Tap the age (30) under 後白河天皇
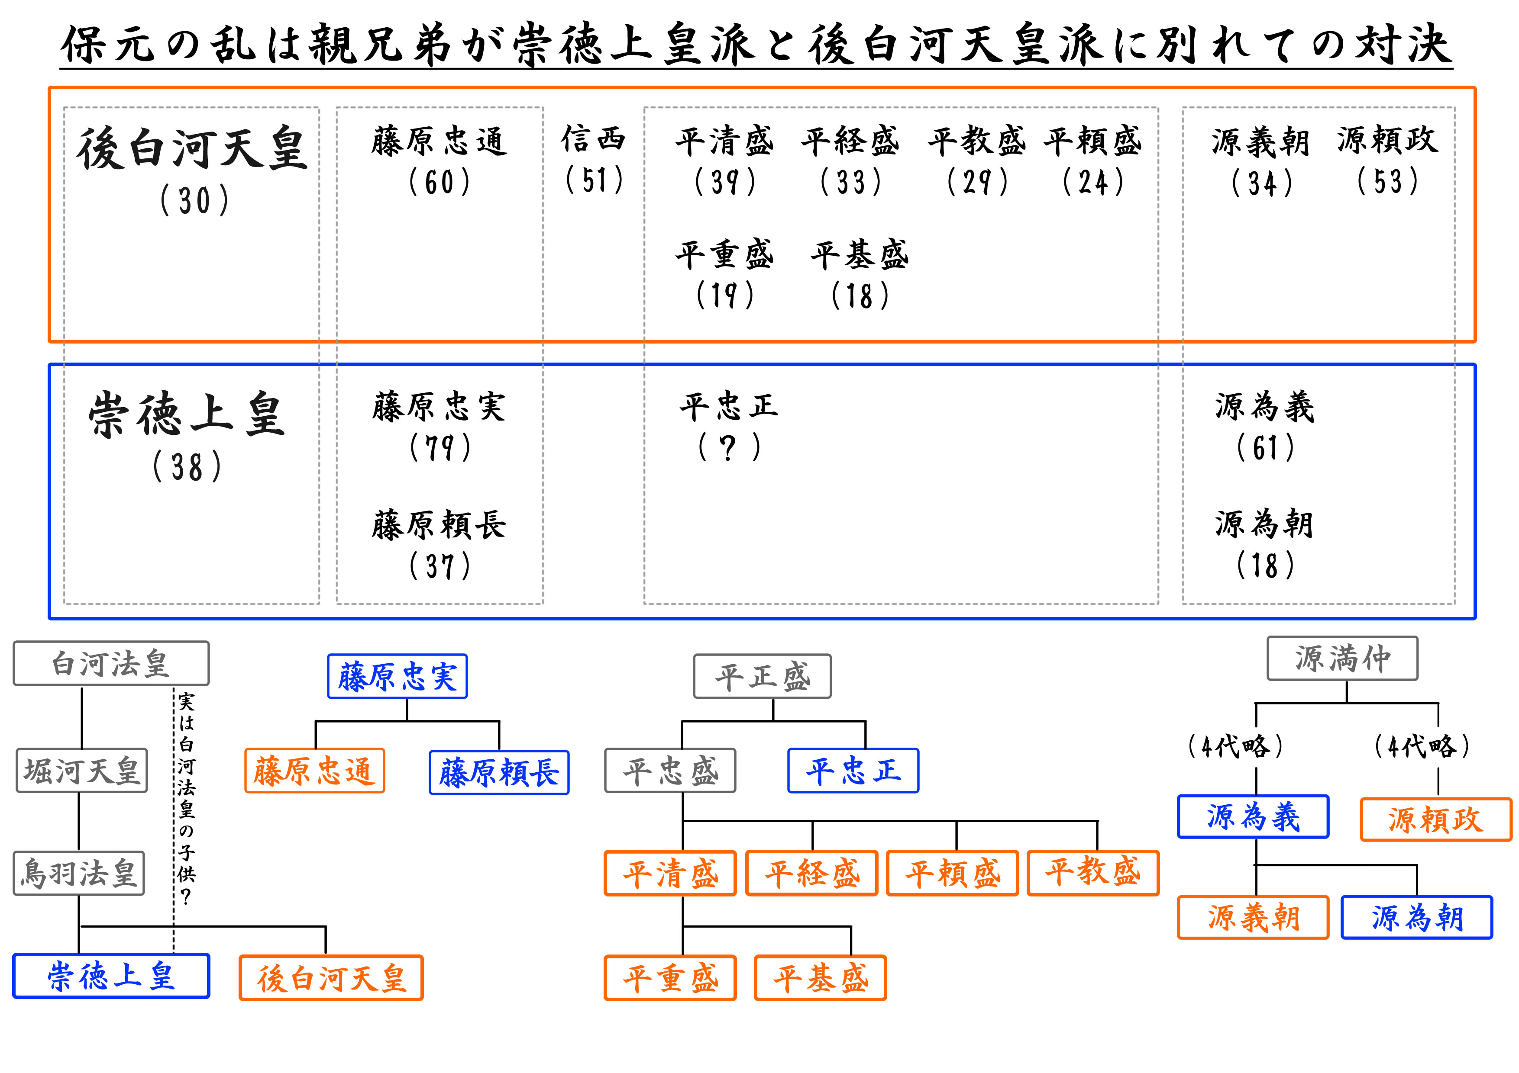click(x=194, y=200)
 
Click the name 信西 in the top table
click(x=594, y=139)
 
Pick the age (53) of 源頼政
click(x=1387, y=181)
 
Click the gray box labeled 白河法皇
click(x=111, y=663)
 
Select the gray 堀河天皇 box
click(x=81, y=770)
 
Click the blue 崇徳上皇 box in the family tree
click(x=111, y=976)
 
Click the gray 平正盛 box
click(x=762, y=676)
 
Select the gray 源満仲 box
click(x=1342, y=659)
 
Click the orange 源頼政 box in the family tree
click(x=1435, y=819)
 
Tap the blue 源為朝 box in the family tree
click(x=1416, y=917)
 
